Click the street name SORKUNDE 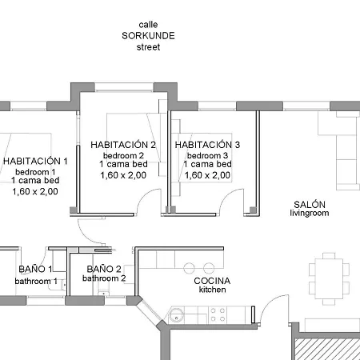(x=148, y=36)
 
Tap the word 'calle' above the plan (x=148, y=25)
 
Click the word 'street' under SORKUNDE (x=148, y=47)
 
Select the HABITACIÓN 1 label (x=36, y=161)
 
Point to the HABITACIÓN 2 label (x=123, y=145)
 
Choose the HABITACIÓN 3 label (x=207, y=145)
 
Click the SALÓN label (x=310, y=204)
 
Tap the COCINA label (x=212, y=281)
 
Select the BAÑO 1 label (x=35, y=270)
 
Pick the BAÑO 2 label (x=104, y=270)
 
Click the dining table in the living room (x=330, y=277)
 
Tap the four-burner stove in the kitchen (x=215, y=318)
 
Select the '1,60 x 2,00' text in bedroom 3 (x=207, y=174)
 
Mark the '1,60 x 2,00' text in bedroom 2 (x=123, y=174)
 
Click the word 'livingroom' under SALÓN (x=310, y=214)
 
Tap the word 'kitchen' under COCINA (x=212, y=290)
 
